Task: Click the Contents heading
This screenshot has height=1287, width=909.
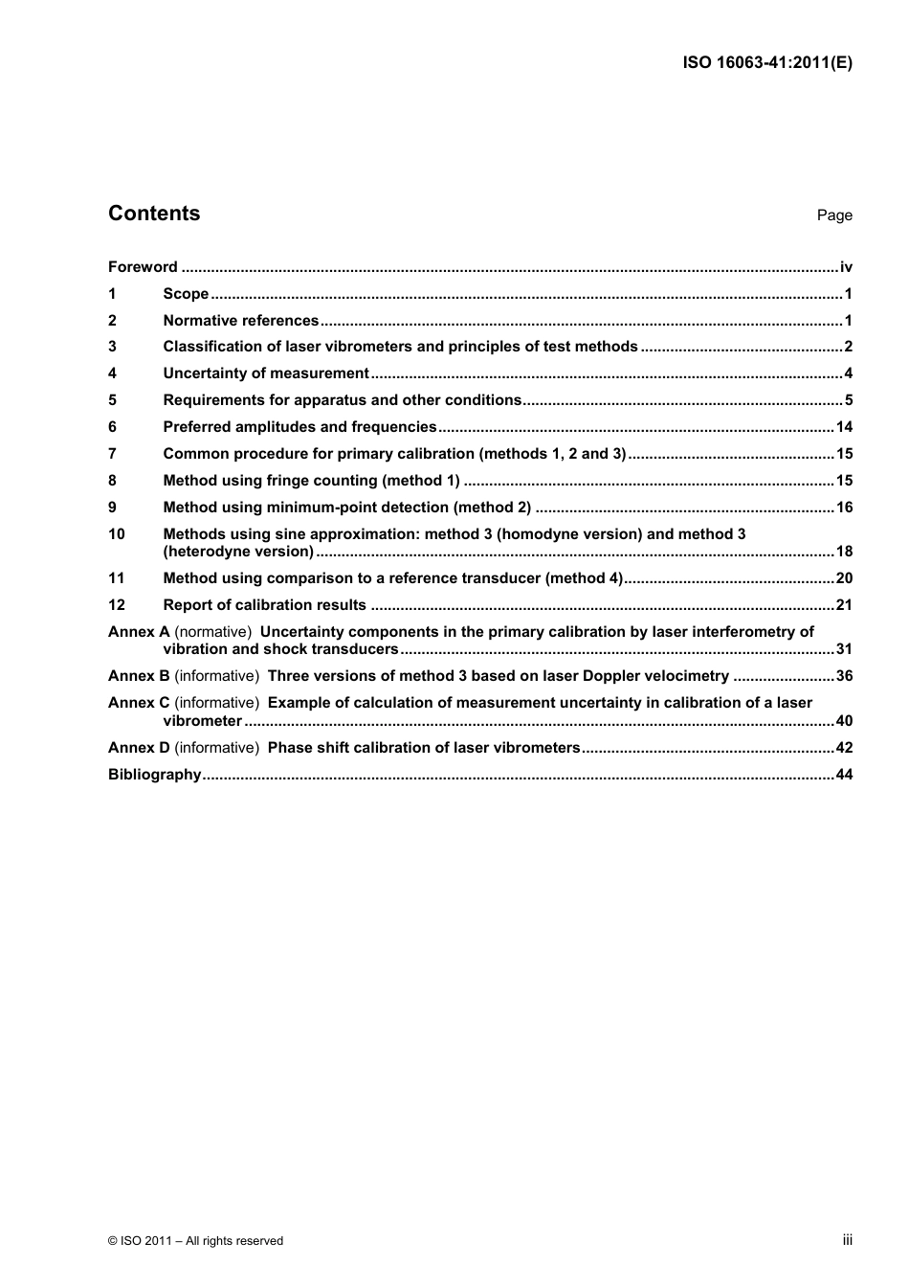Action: pyautogui.click(x=154, y=214)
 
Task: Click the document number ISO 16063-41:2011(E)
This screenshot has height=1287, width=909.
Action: pyautogui.click(x=767, y=63)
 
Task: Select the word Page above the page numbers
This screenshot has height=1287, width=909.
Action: pyautogui.click(x=833, y=215)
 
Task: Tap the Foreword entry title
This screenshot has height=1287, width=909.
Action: pyautogui.click(x=143, y=267)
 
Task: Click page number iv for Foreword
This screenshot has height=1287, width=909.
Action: pyautogui.click(x=845, y=267)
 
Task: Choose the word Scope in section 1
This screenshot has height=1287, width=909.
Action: pyautogui.click(x=186, y=294)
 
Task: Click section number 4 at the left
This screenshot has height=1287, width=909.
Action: pyautogui.click(x=112, y=373)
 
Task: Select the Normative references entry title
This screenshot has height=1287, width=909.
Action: pyautogui.click(x=240, y=321)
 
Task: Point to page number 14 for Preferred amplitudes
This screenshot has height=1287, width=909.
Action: pyautogui.click(x=843, y=427)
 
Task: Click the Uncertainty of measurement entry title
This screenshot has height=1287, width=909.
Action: pyautogui.click(x=265, y=373)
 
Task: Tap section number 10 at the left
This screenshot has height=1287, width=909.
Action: pyautogui.click(x=116, y=534)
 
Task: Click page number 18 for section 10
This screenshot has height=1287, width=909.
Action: pyautogui.click(x=843, y=552)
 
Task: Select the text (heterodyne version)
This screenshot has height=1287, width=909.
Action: pyautogui.click(x=238, y=552)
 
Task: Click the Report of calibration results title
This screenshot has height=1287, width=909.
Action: pyautogui.click(x=264, y=605)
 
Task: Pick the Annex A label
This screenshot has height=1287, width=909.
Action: pyautogui.click(x=139, y=632)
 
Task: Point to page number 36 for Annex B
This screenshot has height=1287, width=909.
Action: pyautogui.click(x=843, y=676)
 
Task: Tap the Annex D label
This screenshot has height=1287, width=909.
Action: pyautogui.click(x=139, y=748)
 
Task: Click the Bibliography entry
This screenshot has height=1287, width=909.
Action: pyautogui.click(x=155, y=775)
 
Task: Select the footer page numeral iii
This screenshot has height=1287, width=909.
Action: pyautogui.click(x=847, y=1239)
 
